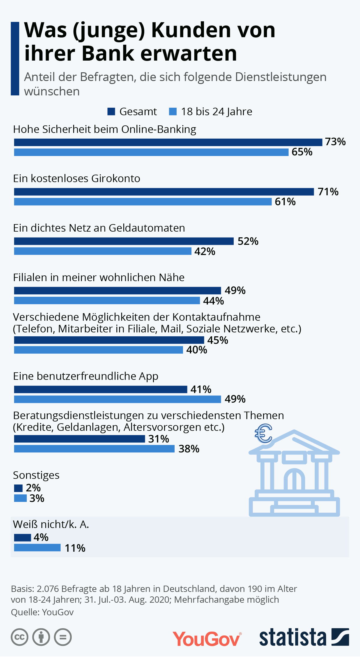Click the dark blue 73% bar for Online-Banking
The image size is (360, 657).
[168, 142]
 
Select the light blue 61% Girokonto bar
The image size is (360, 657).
[143, 202]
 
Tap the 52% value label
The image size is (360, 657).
[248, 241]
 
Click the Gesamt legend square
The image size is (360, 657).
[111, 112]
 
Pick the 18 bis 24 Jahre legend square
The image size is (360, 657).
[173, 112]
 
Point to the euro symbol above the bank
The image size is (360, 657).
[263, 433]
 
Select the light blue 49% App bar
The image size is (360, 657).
[117, 399]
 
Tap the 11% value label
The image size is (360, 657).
[75, 548]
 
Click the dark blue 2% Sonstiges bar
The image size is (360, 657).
[18, 488]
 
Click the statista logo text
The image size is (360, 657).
[292, 637]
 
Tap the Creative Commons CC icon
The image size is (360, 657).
[19, 637]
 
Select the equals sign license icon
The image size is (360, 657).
[63, 637]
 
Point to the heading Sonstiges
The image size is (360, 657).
[36, 475]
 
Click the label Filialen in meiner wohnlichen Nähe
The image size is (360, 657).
[99, 277]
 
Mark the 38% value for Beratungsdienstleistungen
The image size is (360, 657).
[189, 449]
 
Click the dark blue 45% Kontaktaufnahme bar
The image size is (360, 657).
[109, 340]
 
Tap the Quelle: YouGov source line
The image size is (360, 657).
[42, 612]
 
